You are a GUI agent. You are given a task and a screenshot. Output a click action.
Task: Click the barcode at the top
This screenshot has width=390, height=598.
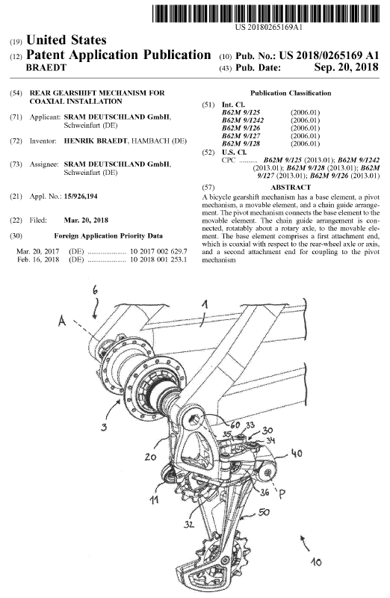266,13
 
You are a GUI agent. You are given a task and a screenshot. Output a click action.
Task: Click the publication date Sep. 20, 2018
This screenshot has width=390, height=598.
347,67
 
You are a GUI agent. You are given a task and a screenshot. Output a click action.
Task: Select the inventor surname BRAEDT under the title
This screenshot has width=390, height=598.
46,68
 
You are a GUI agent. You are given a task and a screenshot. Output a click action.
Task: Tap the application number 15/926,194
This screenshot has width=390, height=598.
81,197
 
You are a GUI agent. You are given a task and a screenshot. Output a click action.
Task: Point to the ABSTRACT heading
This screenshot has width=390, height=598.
291,188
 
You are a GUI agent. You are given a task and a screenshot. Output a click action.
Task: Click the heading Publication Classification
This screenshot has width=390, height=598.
291,93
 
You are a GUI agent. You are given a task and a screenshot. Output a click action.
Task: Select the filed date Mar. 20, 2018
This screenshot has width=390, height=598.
86,220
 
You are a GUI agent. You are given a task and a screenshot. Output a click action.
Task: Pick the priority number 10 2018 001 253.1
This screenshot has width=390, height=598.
158,259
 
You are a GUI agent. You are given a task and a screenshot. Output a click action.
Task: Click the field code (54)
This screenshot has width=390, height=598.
16,93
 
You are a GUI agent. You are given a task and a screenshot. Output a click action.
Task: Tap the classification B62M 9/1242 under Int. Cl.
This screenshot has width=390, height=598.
243,120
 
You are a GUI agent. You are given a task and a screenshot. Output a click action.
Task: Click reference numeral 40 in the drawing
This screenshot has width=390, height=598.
297,453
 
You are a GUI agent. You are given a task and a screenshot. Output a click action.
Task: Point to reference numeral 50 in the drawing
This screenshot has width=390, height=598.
264,512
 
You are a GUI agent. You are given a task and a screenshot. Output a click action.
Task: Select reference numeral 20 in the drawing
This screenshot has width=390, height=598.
151,456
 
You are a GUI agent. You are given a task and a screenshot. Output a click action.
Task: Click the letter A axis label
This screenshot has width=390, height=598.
62,322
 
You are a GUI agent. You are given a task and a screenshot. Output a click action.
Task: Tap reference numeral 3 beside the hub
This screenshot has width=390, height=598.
104,427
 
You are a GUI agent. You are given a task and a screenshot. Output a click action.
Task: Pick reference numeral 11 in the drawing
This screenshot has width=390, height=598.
154,499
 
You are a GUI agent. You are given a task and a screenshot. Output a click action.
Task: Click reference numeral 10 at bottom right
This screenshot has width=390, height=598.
316,561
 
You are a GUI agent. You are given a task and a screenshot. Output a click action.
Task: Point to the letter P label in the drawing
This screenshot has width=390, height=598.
282,495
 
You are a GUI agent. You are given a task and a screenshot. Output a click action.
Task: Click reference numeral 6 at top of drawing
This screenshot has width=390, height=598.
95,290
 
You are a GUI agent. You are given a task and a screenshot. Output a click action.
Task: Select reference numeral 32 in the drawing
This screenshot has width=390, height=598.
189,525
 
